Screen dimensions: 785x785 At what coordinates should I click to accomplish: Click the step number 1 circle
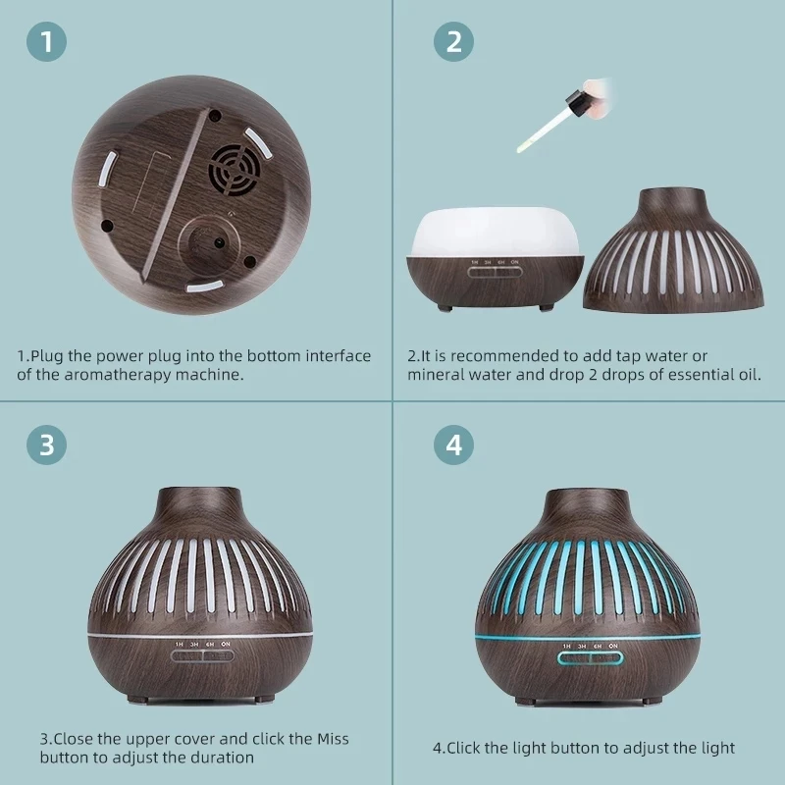[46, 41]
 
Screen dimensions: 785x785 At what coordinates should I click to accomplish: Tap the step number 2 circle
[453, 41]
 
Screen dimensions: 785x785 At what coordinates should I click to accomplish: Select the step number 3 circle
[46, 445]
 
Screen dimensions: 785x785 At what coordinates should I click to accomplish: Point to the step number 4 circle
[453, 445]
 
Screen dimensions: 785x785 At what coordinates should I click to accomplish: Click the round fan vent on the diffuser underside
[235, 170]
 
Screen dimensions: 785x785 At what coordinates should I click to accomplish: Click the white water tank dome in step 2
[496, 232]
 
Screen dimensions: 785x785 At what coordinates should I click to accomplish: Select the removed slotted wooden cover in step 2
[673, 250]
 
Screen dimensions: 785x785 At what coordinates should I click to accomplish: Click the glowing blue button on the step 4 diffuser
[591, 658]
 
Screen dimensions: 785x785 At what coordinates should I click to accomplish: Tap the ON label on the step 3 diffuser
[226, 644]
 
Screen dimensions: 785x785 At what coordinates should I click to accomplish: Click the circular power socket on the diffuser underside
[209, 243]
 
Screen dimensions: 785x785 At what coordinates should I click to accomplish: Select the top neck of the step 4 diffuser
[586, 506]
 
